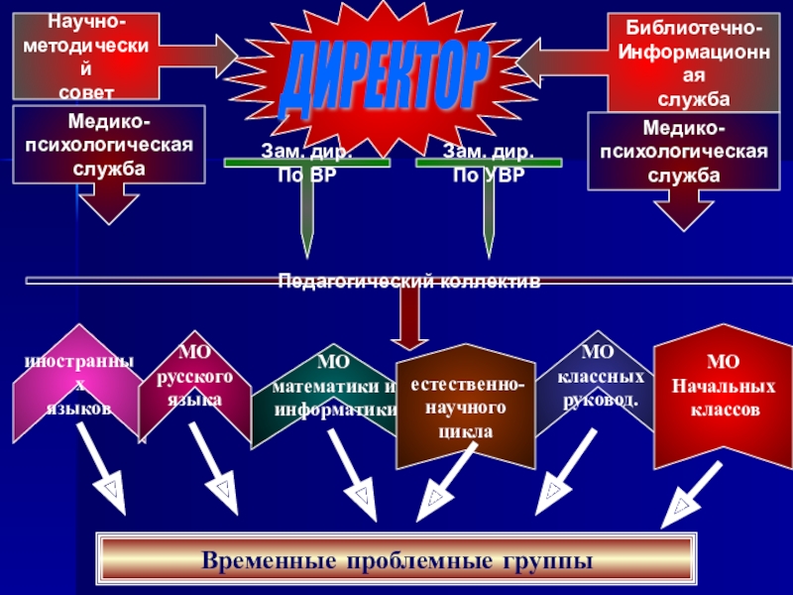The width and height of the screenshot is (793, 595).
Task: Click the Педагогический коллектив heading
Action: [408, 282]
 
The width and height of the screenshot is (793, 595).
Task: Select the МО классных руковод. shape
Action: [600, 377]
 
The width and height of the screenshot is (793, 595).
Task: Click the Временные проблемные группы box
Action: [396, 561]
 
